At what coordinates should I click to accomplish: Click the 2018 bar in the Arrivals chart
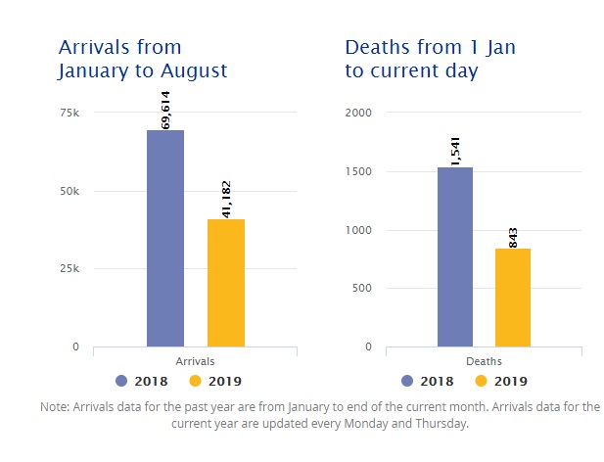165,238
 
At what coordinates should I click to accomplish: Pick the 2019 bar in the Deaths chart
513,298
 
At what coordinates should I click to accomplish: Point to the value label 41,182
226,200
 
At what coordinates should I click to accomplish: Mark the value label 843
514,236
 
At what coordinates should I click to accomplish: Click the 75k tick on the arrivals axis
70,113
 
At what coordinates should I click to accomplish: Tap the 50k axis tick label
70,191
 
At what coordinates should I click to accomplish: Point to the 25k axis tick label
70,268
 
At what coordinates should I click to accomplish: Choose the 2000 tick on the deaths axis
360,113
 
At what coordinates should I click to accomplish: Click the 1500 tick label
360,171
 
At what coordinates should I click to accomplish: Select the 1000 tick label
360,230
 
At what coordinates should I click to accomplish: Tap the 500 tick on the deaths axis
363,288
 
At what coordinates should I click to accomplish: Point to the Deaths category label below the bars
484,361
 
